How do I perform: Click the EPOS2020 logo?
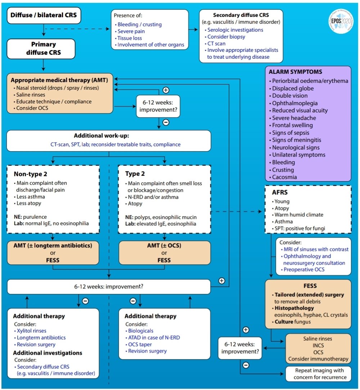(341, 21)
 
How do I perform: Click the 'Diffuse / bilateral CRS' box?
(44, 15)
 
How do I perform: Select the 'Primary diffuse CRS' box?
(41, 49)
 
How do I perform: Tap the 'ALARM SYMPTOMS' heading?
(295, 72)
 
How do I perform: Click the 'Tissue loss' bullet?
(128, 38)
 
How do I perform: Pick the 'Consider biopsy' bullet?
(225, 37)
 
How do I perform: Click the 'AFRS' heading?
(280, 192)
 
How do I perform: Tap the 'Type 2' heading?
(135, 174)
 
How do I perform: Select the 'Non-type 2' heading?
(30, 174)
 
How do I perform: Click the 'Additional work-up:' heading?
(102, 135)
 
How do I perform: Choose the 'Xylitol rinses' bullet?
(30, 331)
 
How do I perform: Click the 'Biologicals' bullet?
(139, 331)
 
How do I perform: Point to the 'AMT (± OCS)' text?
(164, 246)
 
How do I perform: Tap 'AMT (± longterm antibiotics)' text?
(53, 246)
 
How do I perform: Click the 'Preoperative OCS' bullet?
(302, 270)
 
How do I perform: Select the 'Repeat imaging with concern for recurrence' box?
(319, 374)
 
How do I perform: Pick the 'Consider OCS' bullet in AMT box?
(31, 108)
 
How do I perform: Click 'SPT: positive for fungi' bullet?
(298, 228)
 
